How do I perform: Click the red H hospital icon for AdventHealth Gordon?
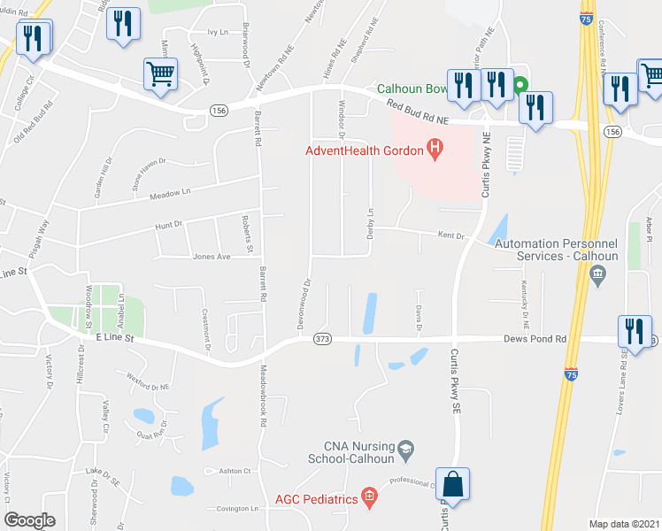point(435,150)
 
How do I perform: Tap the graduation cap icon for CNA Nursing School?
point(407,450)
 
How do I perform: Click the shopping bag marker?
point(452,487)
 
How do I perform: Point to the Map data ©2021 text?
point(623,524)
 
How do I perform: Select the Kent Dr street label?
point(450,235)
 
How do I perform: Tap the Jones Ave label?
point(212,257)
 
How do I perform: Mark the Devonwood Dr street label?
point(308,294)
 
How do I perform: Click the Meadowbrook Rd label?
point(264,396)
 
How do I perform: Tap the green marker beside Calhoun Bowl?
point(520,87)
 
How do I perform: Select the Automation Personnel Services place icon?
point(597,275)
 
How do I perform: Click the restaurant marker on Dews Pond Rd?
point(634,331)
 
